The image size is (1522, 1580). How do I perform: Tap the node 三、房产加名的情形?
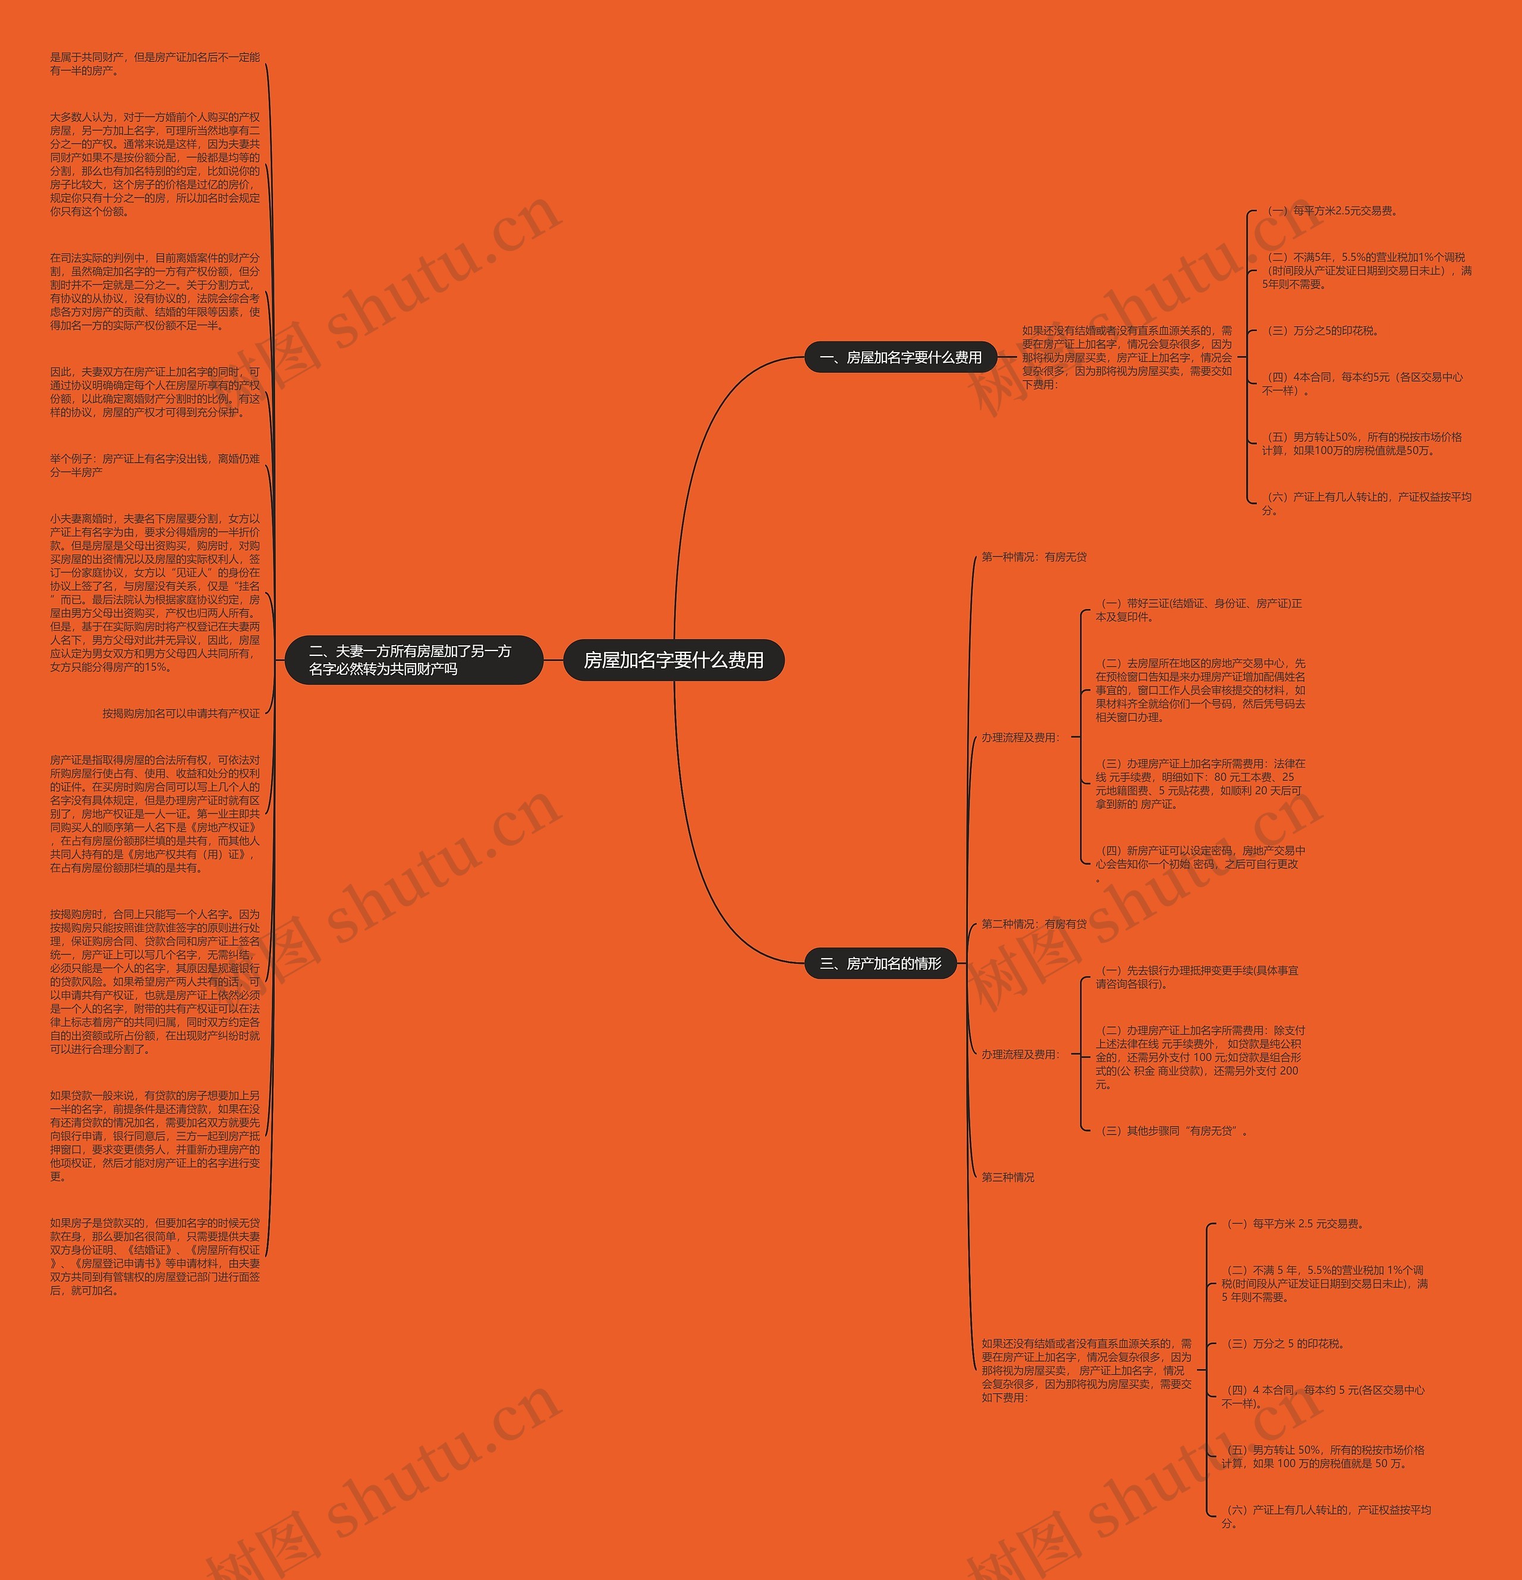pyautogui.click(x=881, y=963)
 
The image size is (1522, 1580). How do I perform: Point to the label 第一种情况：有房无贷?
pyautogui.click(x=1033, y=557)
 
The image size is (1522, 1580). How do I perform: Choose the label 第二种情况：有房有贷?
pyautogui.click(x=1033, y=924)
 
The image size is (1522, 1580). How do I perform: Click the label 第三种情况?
pyautogui.click(x=1008, y=1177)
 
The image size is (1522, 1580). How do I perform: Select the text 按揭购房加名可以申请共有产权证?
pyautogui.click(x=181, y=714)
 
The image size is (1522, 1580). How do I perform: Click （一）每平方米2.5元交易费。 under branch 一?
pyautogui.click(x=1332, y=211)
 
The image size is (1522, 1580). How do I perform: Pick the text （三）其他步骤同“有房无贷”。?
pyautogui.click(x=1174, y=1131)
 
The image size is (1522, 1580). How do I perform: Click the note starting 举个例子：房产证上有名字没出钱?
pyautogui.click(x=155, y=465)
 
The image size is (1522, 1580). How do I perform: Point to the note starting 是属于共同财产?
pyautogui.click(x=155, y=64)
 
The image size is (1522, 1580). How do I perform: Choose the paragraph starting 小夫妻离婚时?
pyautogui.click(x=155, y=592)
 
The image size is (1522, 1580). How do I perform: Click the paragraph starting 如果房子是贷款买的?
pyautogui.click(x=155, y=1257)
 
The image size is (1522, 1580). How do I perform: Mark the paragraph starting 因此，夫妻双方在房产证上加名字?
pyautogui.click(x=155, y=392)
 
